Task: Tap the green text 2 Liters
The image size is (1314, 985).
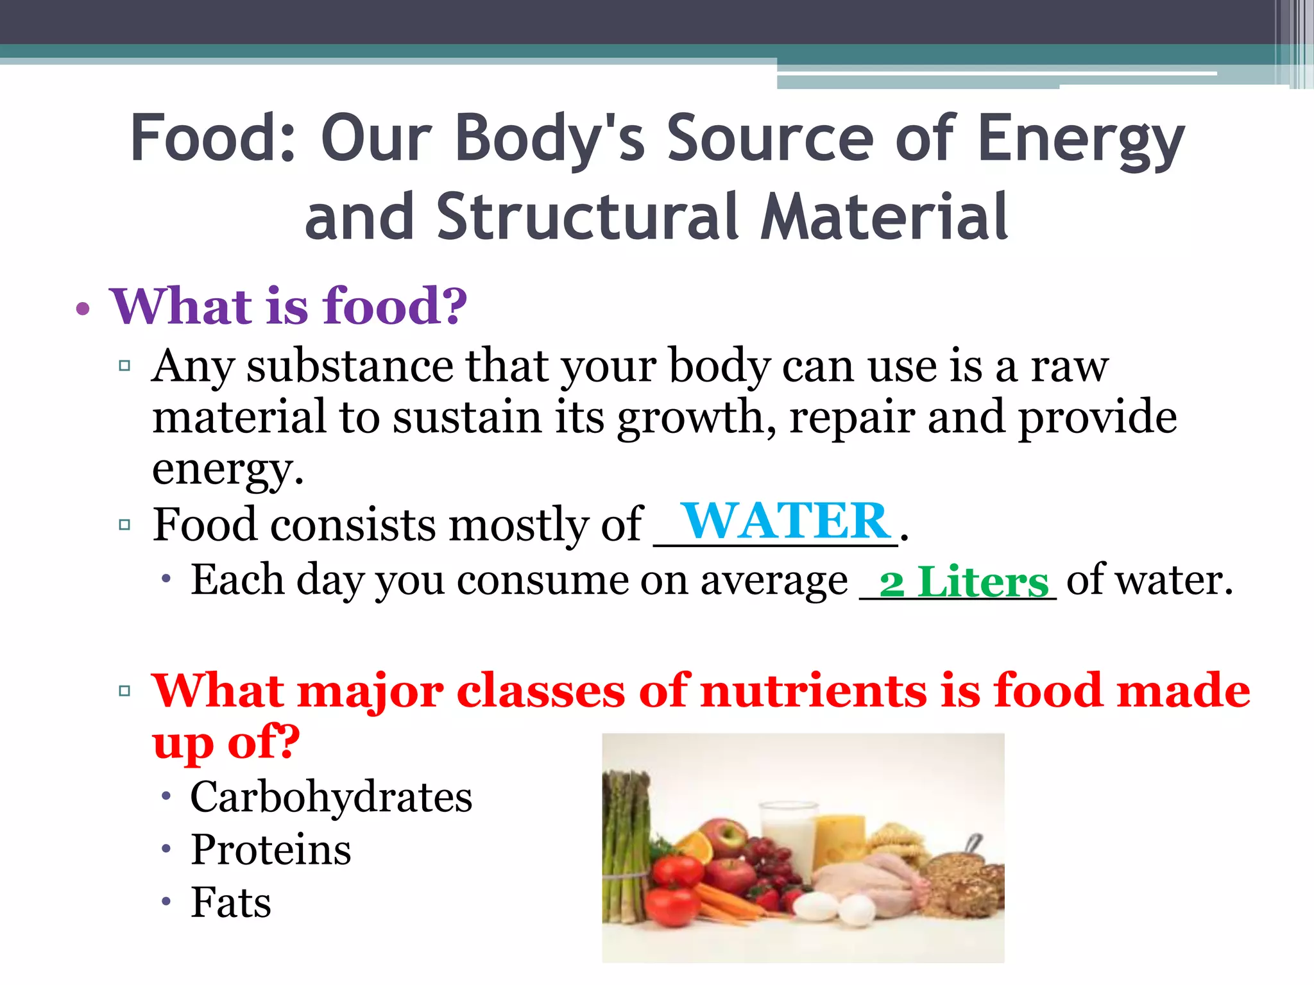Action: tap(964, 582)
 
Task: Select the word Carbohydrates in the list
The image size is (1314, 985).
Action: tap(331, 797)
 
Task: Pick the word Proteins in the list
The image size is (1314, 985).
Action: tap(271, 850)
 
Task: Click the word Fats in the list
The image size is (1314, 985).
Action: tap(231, 902)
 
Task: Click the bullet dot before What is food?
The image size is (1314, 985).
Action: tap(83, 309)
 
